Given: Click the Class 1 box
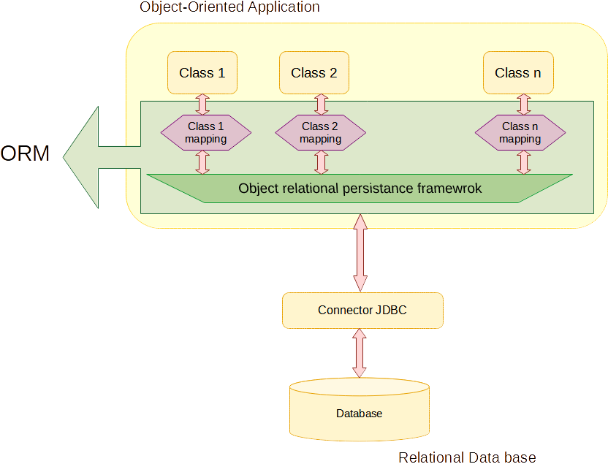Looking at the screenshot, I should click(x=202, y=72).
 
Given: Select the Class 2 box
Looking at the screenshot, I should click(x=314, y=72).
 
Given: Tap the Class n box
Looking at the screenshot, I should click(x=518, y=72).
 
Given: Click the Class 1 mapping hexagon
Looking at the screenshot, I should click(x=205, y=132).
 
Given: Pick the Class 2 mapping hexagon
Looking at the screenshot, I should click(x=320, y=132).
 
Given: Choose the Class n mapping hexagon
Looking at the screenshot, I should click(x=520, y=132).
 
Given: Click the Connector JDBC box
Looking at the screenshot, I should click(x=362, y=310).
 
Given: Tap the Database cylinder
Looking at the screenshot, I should click(x=359, y=414).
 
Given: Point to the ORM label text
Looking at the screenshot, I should click(x=26, y=154).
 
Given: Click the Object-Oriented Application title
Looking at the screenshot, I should click(x=229, y=8).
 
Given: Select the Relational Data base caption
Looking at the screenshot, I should click(x=467, y=457).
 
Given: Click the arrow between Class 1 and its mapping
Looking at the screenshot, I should click(x=203, y=104).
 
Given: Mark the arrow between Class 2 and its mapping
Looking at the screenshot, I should click(x=321, y=104).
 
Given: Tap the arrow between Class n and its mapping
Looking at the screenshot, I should click(x=522, y=104).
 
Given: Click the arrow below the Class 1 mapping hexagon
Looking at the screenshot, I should click(x=203, y=161).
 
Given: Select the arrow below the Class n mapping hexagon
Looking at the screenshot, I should click(x=522, y=161).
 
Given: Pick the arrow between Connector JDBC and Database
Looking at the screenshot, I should click(x=359, y=352).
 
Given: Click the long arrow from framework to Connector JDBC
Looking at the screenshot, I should click(x=359, y=253).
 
